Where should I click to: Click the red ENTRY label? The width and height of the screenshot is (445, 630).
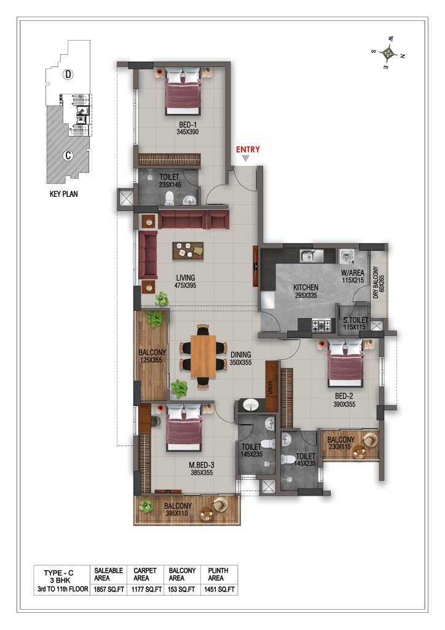pos(248,150)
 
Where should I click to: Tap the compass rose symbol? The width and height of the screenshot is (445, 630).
pos(388,52)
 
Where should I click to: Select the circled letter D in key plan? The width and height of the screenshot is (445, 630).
pos(68,74)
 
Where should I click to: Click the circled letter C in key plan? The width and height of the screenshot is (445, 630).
pos(68,155)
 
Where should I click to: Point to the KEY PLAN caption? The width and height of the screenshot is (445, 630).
pos(63,194)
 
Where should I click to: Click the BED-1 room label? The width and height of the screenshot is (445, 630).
pos(188,124)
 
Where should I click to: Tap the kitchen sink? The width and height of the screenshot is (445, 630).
pos(312,255)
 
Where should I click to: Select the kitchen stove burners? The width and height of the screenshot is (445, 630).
pos(322,325)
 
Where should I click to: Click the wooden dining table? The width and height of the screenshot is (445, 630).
pos(203,356)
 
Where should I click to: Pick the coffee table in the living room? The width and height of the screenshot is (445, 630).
pos(188,250)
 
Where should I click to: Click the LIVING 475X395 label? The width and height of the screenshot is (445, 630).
pos(186,281)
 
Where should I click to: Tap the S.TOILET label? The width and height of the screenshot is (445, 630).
pos(355,320)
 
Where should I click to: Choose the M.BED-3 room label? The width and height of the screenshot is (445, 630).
pos(202,465)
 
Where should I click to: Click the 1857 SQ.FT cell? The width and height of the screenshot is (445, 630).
pos(108,589)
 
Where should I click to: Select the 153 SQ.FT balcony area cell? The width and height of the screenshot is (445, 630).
pos(182,589)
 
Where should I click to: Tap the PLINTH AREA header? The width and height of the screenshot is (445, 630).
pos(218,574)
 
